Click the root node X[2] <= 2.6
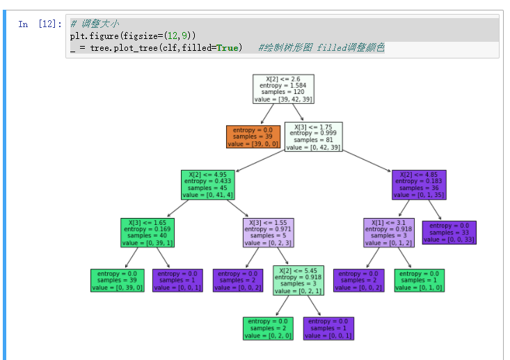tap(283, 88)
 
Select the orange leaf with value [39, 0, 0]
tap(252, 136)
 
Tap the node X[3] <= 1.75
tap(313, 136)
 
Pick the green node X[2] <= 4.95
tap(207, 185)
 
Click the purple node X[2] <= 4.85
tap(419, 185)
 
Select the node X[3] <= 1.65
tap(147, 232)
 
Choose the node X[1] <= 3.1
tap(388, 232)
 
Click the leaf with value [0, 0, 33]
tap(449, 232)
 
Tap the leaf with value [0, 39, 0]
tap(116, 279)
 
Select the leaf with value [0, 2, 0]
tap(268, 327)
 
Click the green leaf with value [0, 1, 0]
tap(419, 279)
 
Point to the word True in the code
tap(226, 47)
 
